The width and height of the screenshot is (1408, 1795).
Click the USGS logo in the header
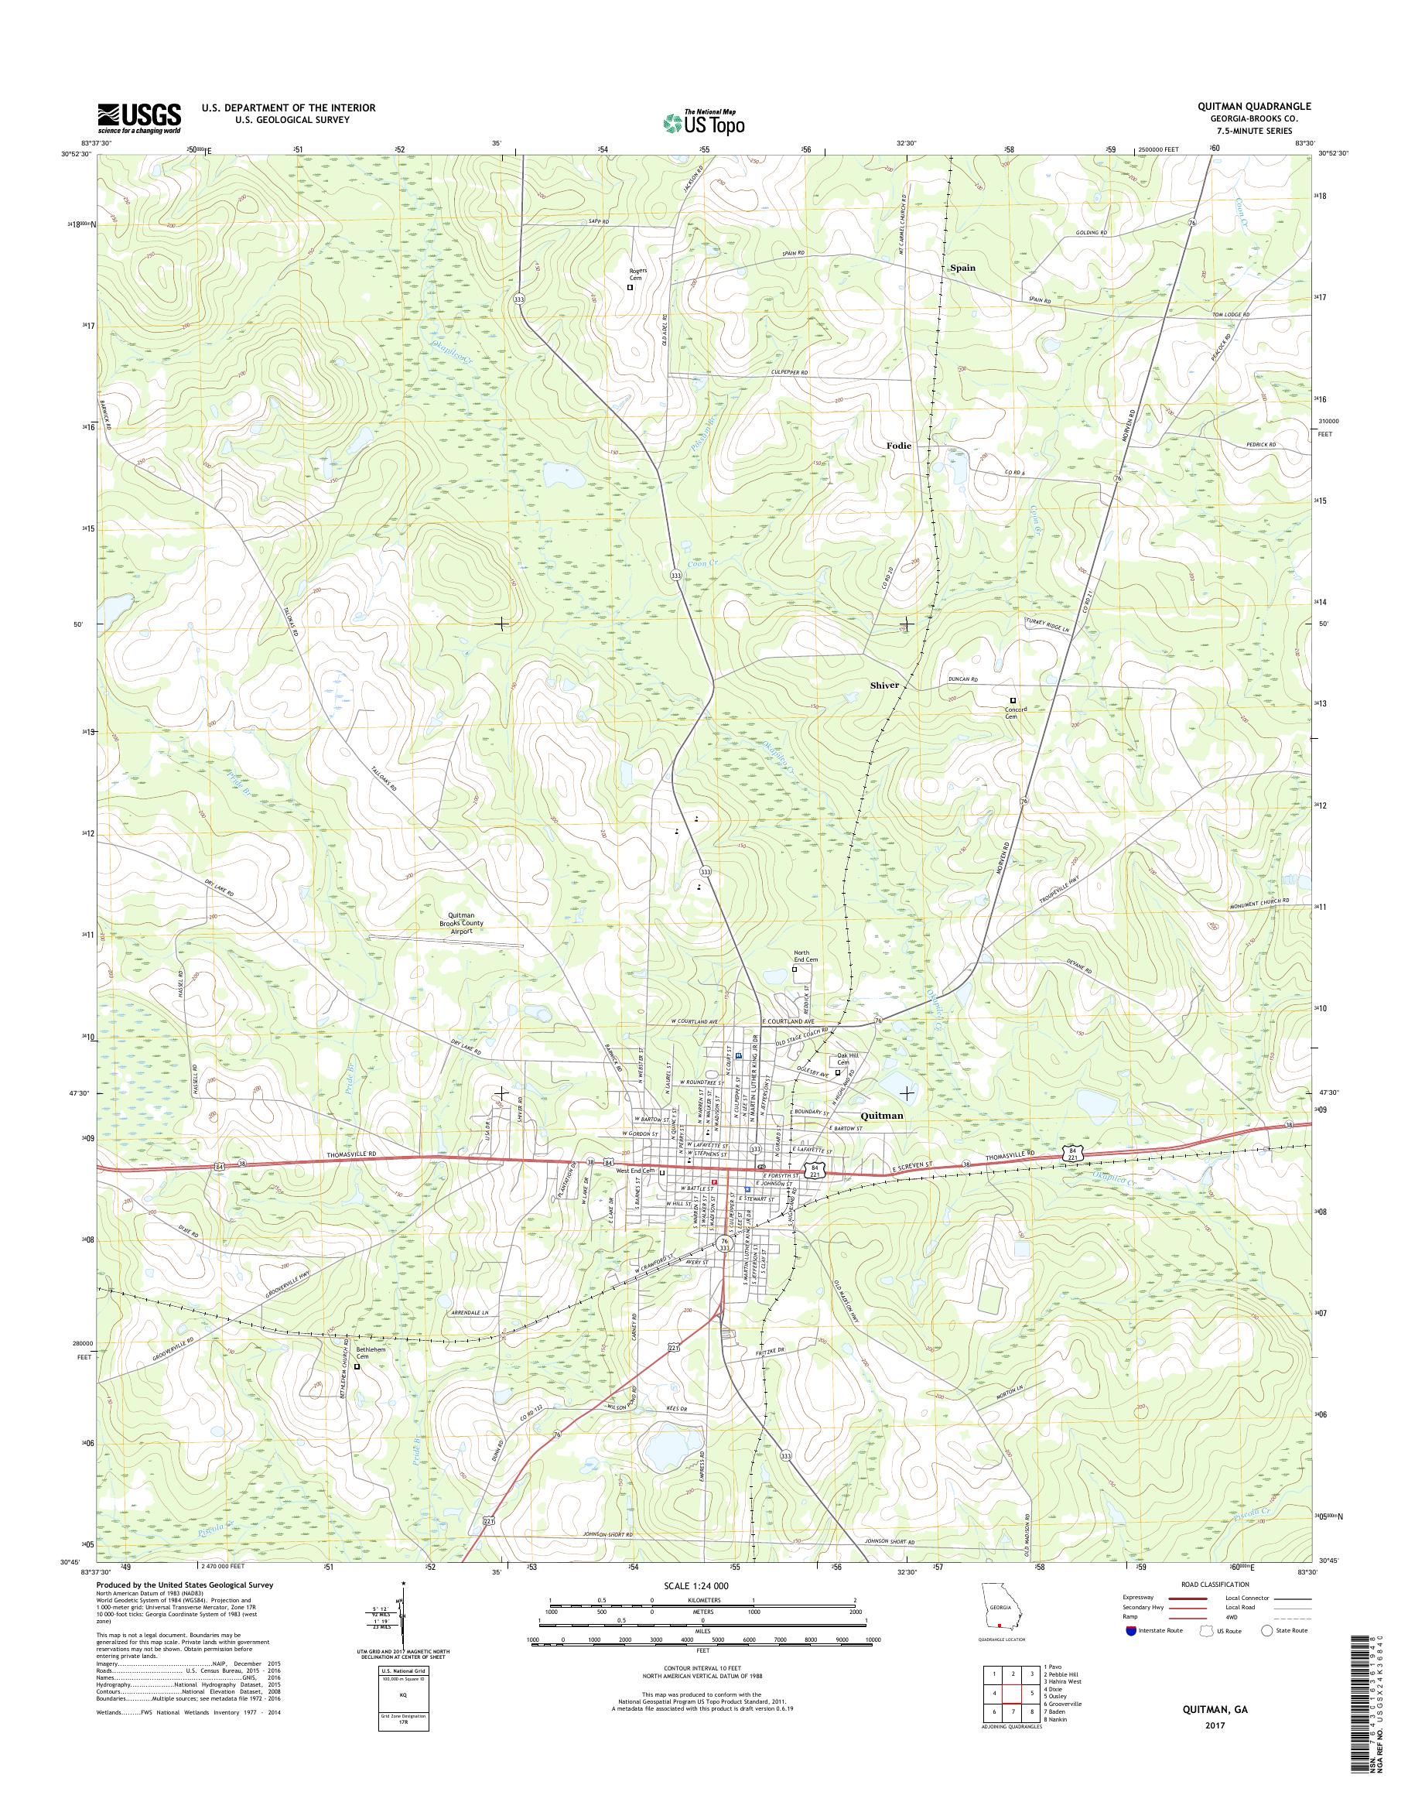(139, 118)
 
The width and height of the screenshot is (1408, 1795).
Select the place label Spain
(962, 268)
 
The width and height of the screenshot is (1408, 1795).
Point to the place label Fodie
(898, 445)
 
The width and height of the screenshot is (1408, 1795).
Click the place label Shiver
(884, 686)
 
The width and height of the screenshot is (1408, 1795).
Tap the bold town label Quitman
(881, 1116)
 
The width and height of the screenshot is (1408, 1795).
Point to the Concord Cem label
(1013, 713)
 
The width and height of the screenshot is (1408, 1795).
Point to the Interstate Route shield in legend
(1129, 1630)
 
